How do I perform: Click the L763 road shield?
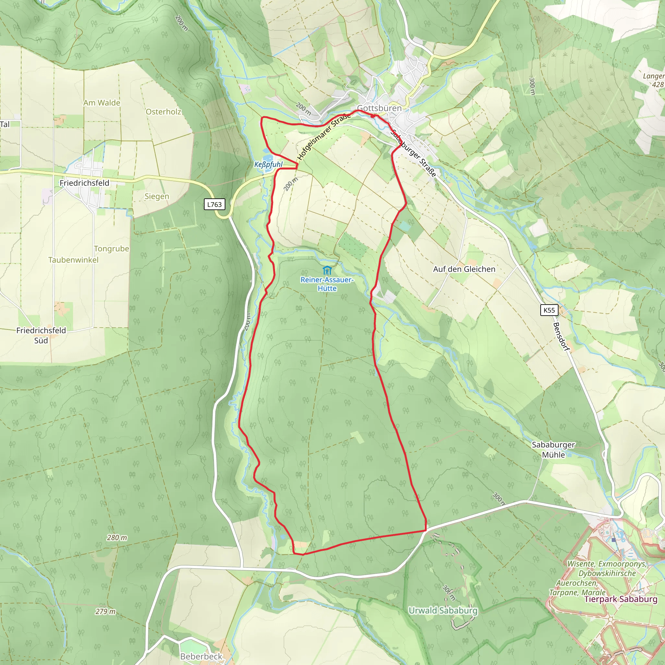tap(214, 205)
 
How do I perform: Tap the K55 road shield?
tap(549, 310)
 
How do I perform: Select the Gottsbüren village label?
tap(379, 108)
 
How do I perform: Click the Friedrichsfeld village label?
tap(84, 183)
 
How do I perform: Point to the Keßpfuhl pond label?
tap(268, 165)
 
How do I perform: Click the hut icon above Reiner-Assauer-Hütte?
tap(327, 270)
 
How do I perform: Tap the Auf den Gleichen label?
tap(464, 269)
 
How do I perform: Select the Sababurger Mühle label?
tap(553, 449)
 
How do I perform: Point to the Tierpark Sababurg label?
tap(621, 599)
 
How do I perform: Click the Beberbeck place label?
tap(201, 656)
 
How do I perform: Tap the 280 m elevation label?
tap(117, 538)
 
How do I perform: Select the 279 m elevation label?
tap(105, 611)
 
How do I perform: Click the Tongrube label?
tap(111, 248)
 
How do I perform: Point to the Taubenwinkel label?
tap(73, 260)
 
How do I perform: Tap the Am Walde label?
tap(102, 103)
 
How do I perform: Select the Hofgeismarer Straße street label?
tap(324, 137)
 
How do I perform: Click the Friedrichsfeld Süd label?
tap(41, 335)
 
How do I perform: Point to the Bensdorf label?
tap(561, 337)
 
